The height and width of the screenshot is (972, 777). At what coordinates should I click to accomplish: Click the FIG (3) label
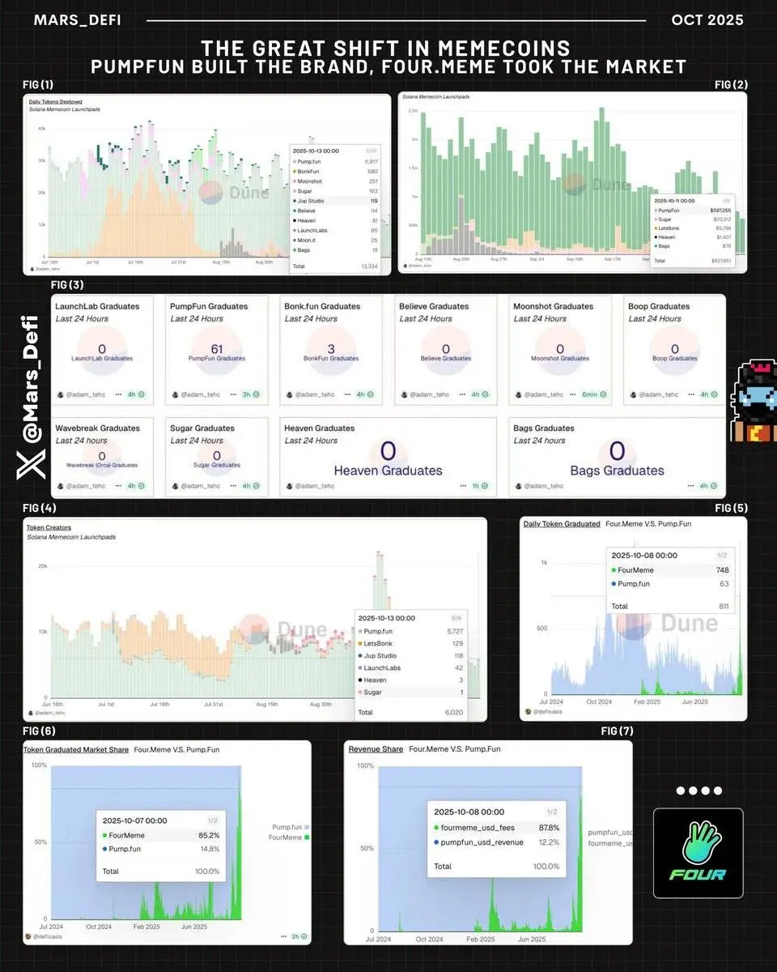tap(67, 284)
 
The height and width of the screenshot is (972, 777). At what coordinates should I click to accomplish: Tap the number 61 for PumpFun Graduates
tap(216, 348)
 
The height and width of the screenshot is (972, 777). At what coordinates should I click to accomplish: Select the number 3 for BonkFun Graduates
tap(331, 348)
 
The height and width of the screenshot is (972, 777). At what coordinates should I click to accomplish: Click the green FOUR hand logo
tap(698, 853)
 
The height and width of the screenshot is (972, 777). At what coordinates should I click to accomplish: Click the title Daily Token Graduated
tap(562, 524)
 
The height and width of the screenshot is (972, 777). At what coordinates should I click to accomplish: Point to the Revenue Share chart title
tap(376, 749)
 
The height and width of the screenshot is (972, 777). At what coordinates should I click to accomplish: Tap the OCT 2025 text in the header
tap(707, 19)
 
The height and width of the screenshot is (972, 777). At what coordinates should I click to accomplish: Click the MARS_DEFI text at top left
tap(77, 19)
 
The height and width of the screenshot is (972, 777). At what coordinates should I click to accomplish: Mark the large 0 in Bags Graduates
tap(617, 451)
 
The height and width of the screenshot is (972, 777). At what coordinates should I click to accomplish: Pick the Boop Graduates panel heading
tap(658, 306)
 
